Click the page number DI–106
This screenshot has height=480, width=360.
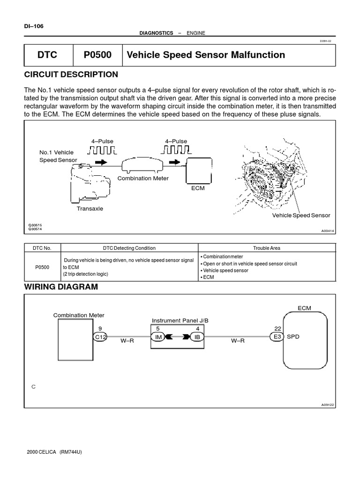[33, 26]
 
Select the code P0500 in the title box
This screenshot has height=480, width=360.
[97, 55]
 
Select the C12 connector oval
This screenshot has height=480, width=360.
[100, 337]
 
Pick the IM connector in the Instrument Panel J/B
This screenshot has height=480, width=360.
[158, 337]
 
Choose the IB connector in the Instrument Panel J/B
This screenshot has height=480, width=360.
[197, 337]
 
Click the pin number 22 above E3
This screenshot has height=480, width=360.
[277, 329]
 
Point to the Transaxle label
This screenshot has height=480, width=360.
[90, 209]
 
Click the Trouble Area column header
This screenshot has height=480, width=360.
[266, 248]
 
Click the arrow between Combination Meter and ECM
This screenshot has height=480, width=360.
[174, 162]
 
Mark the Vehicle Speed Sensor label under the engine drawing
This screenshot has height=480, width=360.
[301, 216]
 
